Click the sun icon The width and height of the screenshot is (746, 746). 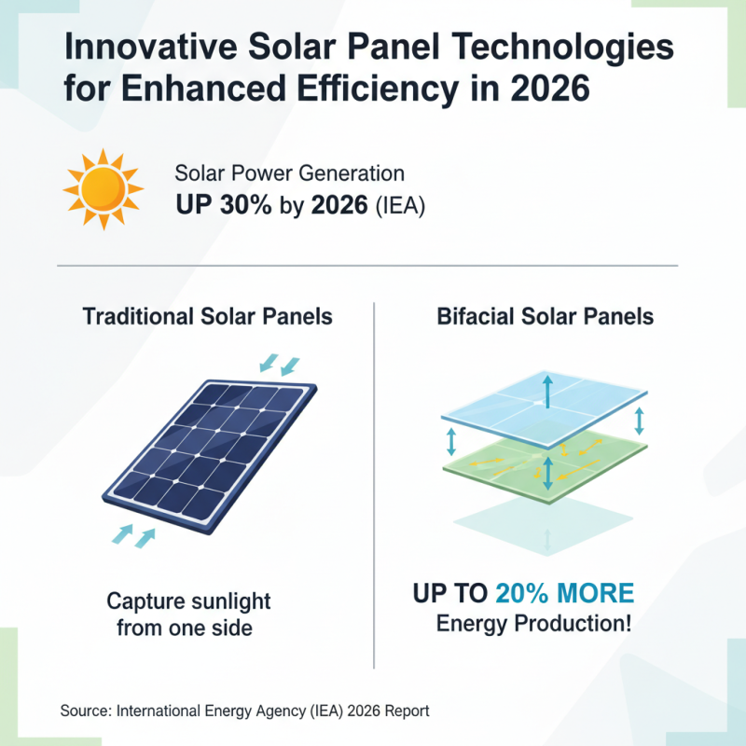point(102,189)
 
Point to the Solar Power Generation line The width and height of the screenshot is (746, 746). point(289,173)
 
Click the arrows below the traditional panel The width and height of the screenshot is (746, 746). point(132,535)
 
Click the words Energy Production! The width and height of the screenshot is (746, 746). point(532,624)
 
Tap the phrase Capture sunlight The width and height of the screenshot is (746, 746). point(188,600)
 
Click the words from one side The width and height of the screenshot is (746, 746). point(185,628)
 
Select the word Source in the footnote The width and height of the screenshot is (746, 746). point(85,711)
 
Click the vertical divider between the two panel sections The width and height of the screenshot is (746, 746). point(374,485)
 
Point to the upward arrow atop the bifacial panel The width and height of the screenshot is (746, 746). point(546,391)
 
